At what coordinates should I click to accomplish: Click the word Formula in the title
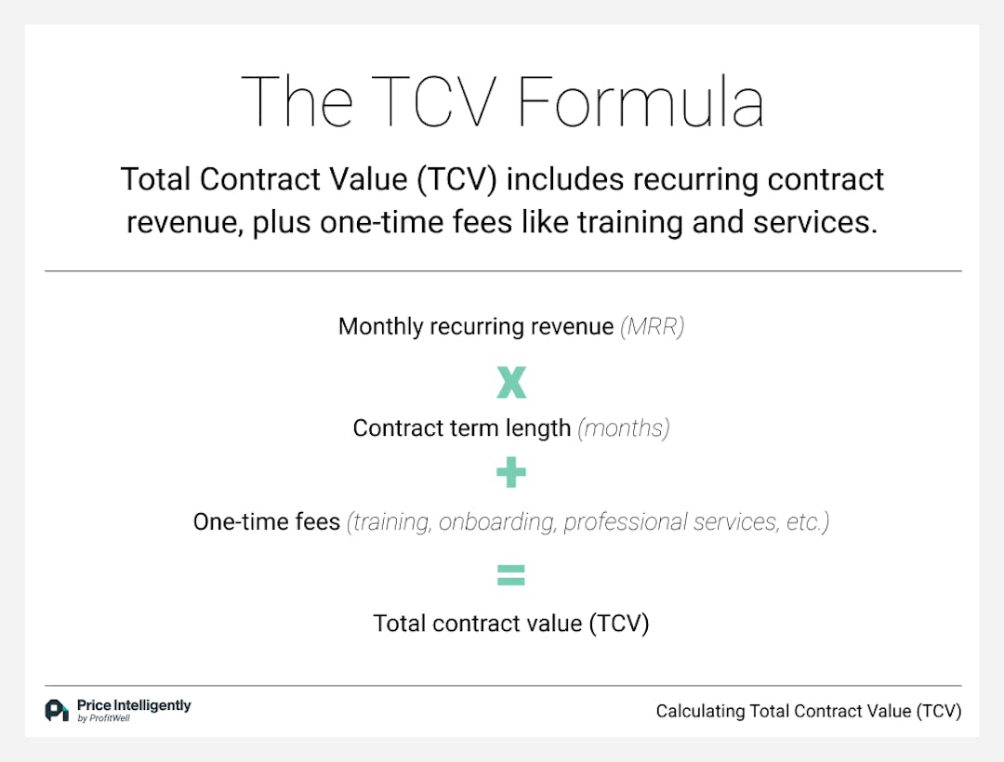641,101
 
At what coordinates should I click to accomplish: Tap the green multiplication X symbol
511,382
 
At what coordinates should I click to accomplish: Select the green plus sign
511,474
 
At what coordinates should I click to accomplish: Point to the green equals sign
511,576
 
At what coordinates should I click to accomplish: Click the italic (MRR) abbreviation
652,327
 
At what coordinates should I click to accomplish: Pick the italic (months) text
623,428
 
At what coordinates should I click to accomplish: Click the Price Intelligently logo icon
57,710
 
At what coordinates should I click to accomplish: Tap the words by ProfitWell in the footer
103,718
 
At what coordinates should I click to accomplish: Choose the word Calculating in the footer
701,712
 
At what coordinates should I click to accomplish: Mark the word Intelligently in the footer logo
152,705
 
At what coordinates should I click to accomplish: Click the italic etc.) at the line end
805,522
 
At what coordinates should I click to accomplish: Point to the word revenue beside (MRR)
569,327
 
